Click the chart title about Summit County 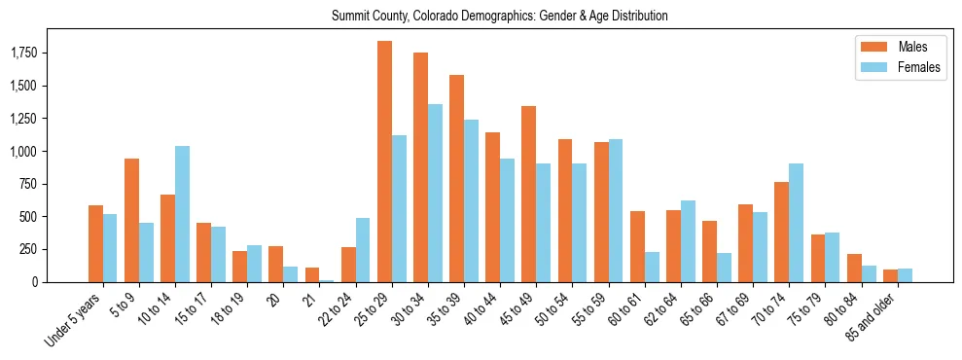pyautogui.click(x=499, y=16)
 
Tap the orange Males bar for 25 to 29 pyautogui.click(x=384, y=162)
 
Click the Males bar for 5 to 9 pyautogui.click(x=131, y=220)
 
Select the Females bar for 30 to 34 pyautogui.click(x=435, y=193)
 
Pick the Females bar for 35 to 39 pyautogui.click(x=471, y=200)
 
